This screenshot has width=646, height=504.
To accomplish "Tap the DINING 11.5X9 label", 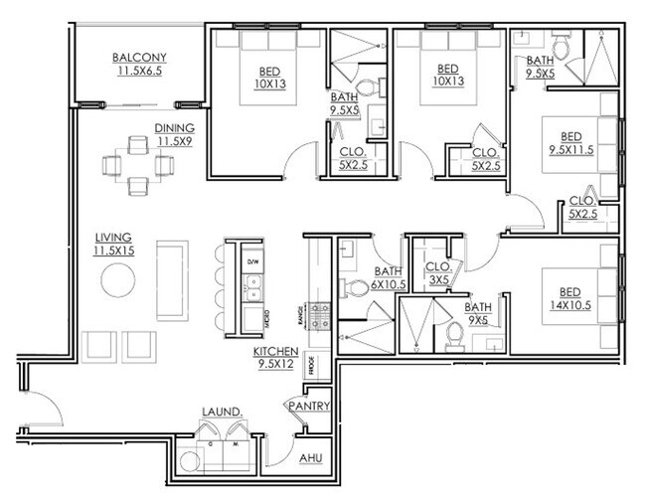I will [x=173, y=135].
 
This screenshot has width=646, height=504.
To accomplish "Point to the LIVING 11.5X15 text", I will [x=114, y=245].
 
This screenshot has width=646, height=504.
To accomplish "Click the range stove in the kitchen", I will [x=320, y=316].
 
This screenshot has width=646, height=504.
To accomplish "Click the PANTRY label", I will [x=306, y=407].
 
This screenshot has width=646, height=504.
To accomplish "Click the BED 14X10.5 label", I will [x=569, y=297].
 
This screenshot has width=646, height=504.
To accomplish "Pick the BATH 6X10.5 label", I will [x=388, y=277].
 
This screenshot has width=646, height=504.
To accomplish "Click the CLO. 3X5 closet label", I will [x=438, y=272].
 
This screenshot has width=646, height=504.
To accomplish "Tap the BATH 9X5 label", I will [x=478, y=313].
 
